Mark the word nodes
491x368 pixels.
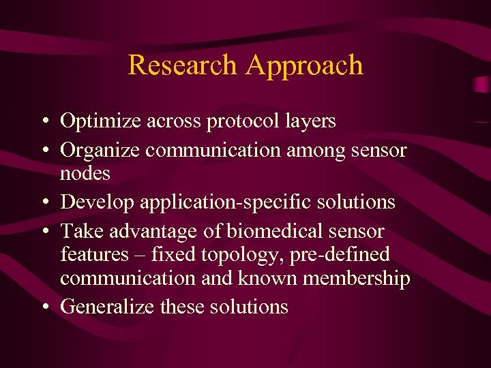pos(85,174)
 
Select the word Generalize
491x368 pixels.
pos(107,307)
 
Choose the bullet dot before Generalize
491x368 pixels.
pos(43,307)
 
